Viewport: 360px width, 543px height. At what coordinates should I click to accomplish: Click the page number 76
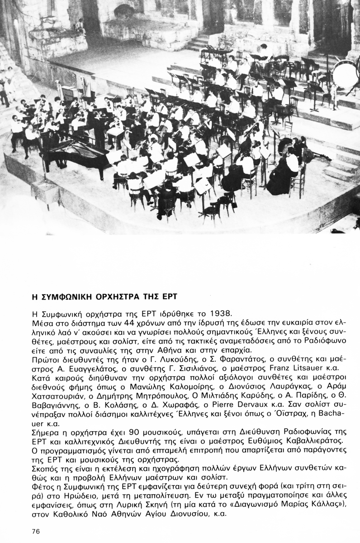click(x=37, y=530)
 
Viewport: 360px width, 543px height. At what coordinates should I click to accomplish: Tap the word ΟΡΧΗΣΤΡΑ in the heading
click(x=117, y=297)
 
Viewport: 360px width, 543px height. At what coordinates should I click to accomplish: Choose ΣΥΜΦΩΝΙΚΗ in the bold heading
click(x=66, y=297)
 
